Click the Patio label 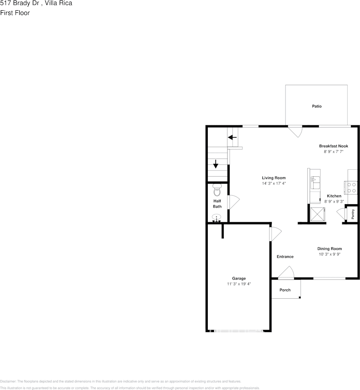click(316, 106)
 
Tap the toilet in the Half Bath click(217, 191)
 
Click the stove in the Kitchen click(352, 188)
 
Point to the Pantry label click(353, 214)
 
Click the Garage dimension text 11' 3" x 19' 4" click(239, 284)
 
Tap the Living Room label click(274, 178)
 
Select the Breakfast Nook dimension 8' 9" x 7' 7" click(333, 152)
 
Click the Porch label click(285, 290)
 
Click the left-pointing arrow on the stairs click(232, 137)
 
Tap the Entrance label click(285, 257)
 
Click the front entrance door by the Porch click(286, 272)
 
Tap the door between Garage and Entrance click(275, 234)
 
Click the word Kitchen click(334, 196)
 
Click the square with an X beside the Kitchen click(318, 214)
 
